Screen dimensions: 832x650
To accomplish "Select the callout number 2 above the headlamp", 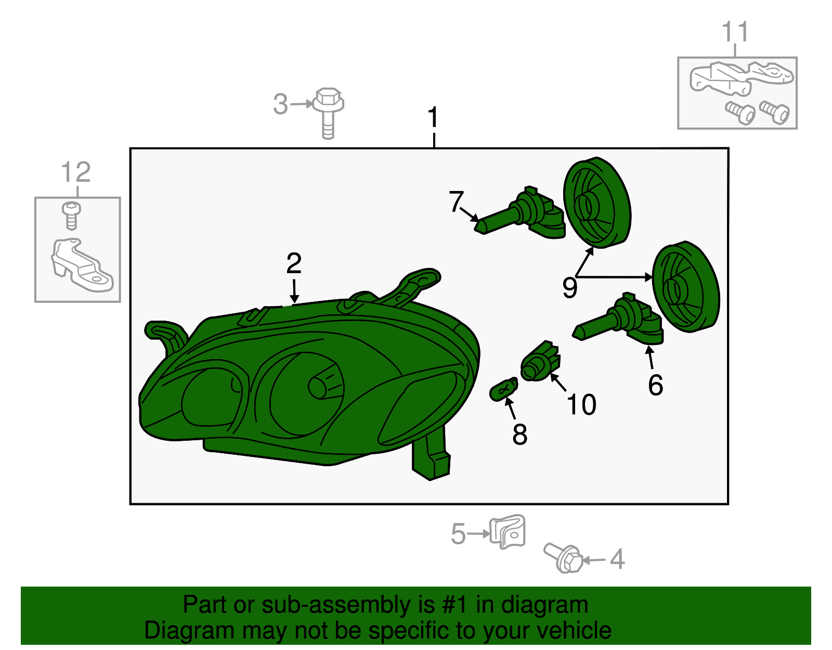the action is coord(294,263).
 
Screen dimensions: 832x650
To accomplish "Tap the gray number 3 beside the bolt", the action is coord(280,104).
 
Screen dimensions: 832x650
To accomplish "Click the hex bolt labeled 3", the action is coord(328,113).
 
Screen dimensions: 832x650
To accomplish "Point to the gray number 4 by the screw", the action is coord(617,559).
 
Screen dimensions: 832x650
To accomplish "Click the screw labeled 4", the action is coord(563,558).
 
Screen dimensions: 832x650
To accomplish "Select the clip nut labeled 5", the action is coord(508,532).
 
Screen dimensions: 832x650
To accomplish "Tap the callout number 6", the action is coord(656,385).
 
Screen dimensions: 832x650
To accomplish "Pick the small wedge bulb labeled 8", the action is coord(504,389).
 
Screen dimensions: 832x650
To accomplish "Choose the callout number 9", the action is coord(570,288).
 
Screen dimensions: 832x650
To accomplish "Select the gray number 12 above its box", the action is coord(76,172).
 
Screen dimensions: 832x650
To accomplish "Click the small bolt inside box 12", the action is coord(71,216).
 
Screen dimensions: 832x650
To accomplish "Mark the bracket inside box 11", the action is coord(741,79).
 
